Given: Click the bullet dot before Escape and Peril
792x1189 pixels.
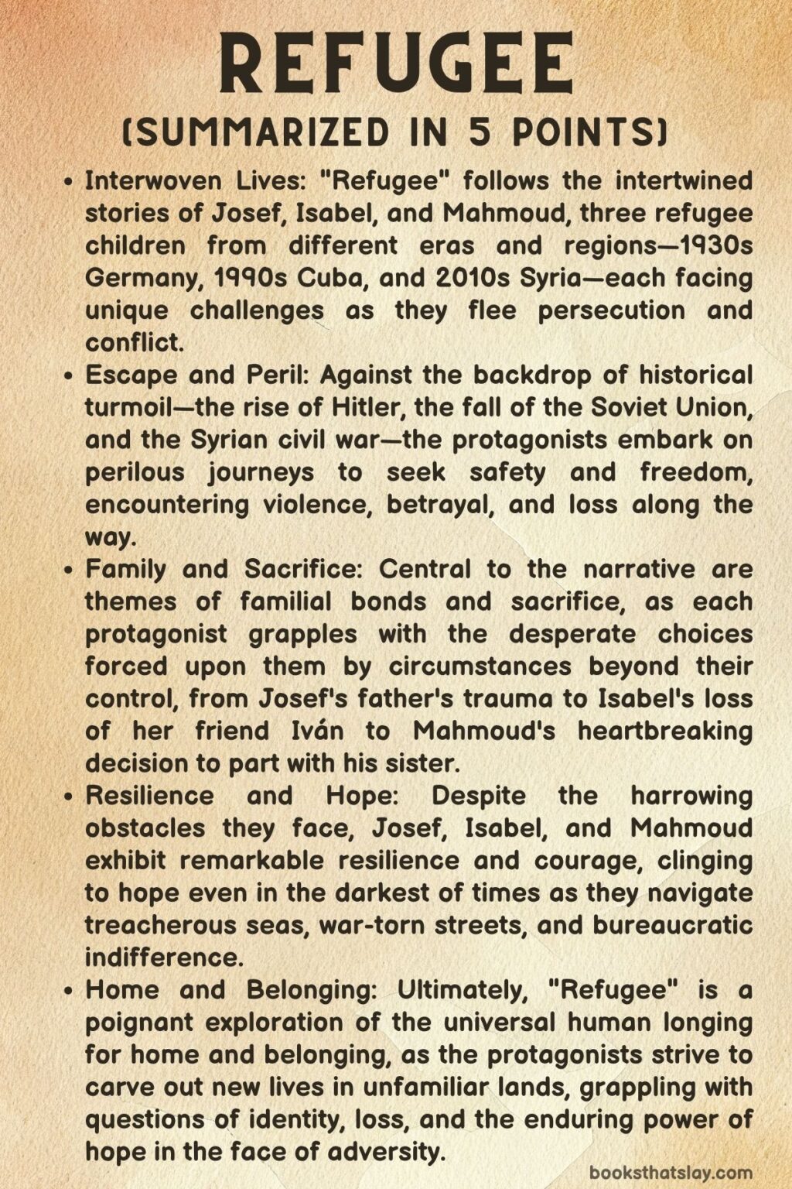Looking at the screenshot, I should [x=70, y=376].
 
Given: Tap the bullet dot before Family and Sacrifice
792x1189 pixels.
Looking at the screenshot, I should [x=70, y=571].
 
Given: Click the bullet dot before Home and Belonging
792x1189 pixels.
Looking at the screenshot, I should [x=70, y=991].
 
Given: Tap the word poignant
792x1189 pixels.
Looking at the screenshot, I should [x=140, y=1023].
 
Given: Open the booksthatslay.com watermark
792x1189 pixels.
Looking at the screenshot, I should [x=671, y=1173].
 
